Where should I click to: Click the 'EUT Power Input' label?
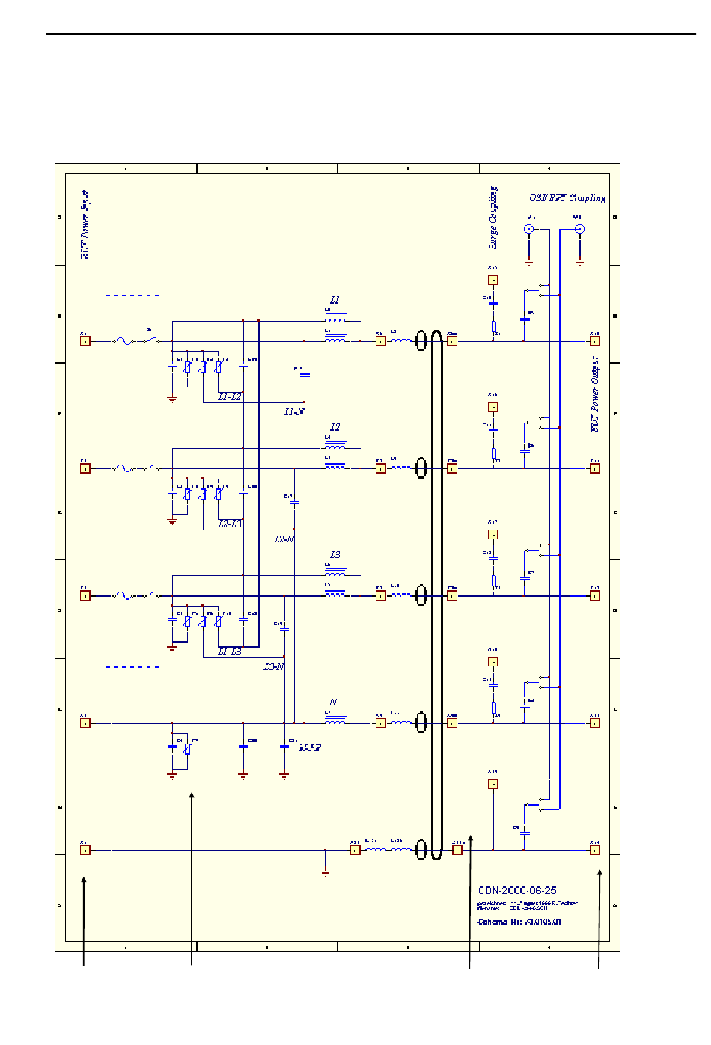point(85,224)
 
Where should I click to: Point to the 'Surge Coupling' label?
point(493,217)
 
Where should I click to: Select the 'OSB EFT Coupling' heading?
point(567,198)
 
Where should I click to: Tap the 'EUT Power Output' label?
point(595,393)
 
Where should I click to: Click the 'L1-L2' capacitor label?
point(230,396)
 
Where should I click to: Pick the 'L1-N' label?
point(294,412)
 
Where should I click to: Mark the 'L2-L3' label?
point(230,524)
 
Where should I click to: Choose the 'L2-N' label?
point(284,539)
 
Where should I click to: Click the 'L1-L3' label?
point(230,652)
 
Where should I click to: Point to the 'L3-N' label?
point(274,666)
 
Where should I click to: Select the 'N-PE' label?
point(310,747)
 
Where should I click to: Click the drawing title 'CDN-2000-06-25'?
point(517,890)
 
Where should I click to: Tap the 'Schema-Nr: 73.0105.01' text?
point(519,922)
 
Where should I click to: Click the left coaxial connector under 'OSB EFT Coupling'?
point(529,230)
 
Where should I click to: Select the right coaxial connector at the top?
point(579,230)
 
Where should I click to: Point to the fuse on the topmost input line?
point(124,341)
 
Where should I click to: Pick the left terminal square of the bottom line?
point(85,850)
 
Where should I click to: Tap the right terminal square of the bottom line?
point(595,850)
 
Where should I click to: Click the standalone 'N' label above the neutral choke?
point(334,702)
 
